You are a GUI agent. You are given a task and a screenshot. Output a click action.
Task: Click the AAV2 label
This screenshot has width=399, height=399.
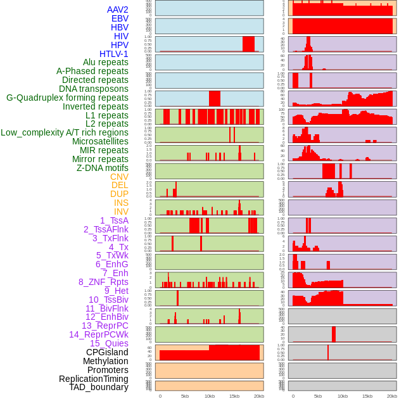[117, 9]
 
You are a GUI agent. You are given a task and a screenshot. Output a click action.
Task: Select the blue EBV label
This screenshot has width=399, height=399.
[120, 18]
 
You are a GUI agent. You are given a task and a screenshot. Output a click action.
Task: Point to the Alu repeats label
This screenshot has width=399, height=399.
[105, 62]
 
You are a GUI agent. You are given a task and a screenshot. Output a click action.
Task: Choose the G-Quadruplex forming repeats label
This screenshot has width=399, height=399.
[67, 98]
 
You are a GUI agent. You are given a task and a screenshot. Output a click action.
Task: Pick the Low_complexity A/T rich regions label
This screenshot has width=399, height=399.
[64, 132]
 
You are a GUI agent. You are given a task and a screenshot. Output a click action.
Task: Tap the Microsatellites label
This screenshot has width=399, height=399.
[100, 141]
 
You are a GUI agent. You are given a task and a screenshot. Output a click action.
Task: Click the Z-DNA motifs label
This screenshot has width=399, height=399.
[102, 168]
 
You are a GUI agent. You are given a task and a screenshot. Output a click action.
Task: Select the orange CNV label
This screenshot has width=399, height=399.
[119, 177]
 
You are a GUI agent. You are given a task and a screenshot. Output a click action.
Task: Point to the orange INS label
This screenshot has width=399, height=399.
[121, 203]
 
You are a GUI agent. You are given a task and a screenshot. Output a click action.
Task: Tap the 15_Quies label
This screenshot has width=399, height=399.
[109, 343]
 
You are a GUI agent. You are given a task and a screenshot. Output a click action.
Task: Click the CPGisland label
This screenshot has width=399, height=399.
[107, 352]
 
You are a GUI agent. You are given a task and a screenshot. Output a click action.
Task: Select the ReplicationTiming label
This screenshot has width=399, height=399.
[94, 379]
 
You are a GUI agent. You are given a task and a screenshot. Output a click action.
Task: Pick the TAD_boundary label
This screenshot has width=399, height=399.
[98, 387]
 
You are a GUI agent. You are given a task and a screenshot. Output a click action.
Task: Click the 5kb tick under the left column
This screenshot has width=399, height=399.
[185, 396]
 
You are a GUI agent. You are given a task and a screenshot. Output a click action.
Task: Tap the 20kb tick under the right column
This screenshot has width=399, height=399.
[392, 396]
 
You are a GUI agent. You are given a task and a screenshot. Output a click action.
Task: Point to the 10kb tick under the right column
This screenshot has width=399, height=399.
[343, 396]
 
